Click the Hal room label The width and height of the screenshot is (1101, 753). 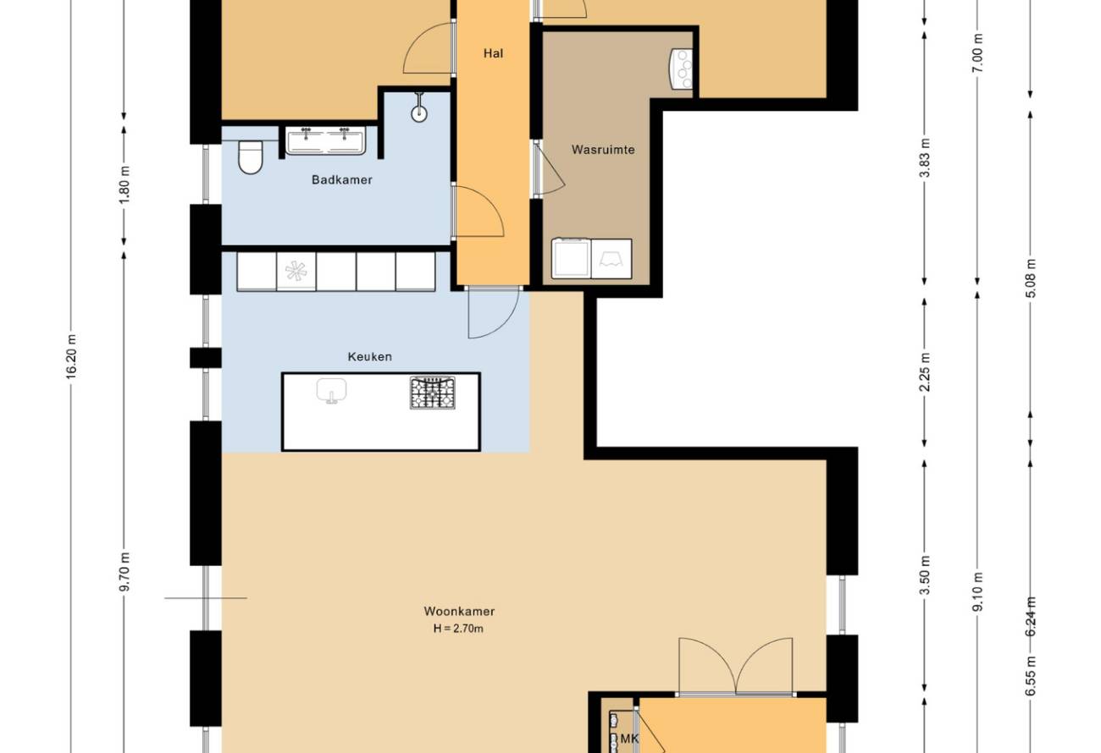pyautogui.click(x=493, y=53)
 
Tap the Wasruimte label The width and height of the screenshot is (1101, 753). pyautogui.click(x=603, y=150)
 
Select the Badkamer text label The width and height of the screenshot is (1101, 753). pyautogui.click(x=341, y=179)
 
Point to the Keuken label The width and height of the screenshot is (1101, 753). pyautogui.click(x=369, y=357)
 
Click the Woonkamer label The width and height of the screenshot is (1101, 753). pyautogui.click(x=459, y=611)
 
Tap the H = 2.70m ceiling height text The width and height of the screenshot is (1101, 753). pyautogui.click(x=458, y=629)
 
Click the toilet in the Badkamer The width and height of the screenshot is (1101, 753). pyautogui.click(x=251, y=157)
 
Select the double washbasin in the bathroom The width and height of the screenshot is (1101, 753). pyautogui.click(x=326, y=140)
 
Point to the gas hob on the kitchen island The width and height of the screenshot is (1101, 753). pyautogui.click(x=433, y=393)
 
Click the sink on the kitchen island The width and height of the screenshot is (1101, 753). pyautogui.click(x=332, y=391)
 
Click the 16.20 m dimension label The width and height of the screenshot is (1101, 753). pyautogui.click(x=72, y=356)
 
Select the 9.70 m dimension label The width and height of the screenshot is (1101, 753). pyautogui.click(x=124, y=572)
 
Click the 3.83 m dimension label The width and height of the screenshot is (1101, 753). pyautogui.click(x=925, y=158)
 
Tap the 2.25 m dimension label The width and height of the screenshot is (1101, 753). pyautogui.click(x=925, y=372)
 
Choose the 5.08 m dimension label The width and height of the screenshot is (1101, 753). pyautogui.click(x=1032, y=278)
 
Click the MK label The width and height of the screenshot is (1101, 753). pyautogui.click(x=629, y=739)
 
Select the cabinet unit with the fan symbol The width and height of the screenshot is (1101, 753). pyautogui.click(x=296, y=272)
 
